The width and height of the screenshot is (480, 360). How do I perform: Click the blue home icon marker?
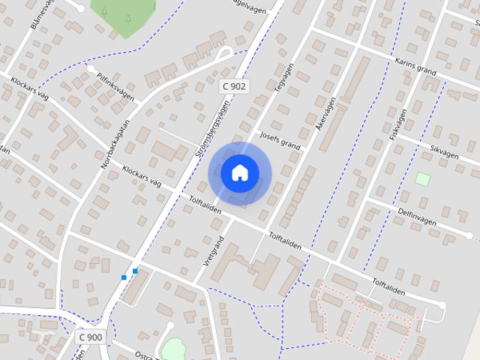pos(239,173)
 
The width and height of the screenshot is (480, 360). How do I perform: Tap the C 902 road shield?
pos(234,87)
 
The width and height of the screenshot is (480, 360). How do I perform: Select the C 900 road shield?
pos(90,337)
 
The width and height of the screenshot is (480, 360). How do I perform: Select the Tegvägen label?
pos(283,75)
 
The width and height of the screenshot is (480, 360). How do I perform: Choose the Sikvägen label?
pos(443,149)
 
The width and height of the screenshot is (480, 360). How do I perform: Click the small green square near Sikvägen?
pos(423,179)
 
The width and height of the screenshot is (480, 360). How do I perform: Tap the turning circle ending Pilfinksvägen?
pos(91,69)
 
